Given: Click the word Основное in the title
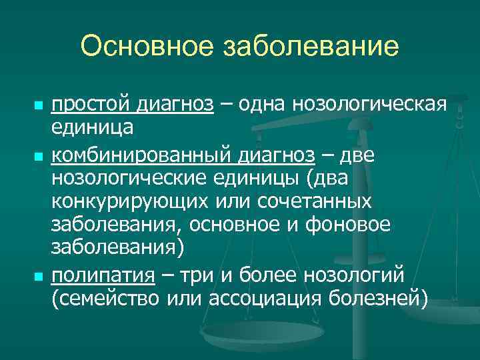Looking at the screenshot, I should tap(142, 47).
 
